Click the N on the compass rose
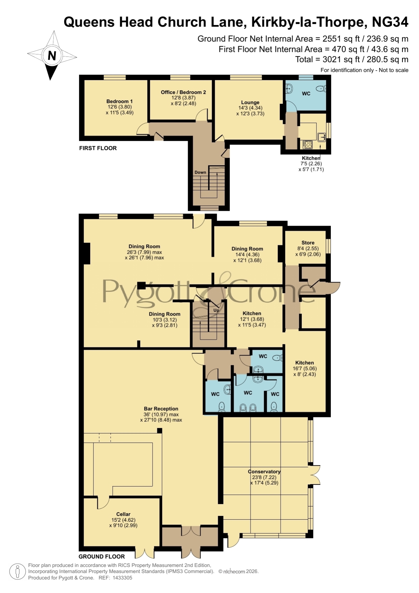52,55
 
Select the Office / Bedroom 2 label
183,92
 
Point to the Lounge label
250,102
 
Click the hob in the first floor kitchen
307,145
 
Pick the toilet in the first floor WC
320,89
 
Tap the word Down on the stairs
200,172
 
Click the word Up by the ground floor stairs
216,310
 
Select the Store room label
308,243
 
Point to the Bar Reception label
161,409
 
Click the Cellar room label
123,514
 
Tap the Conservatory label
264,472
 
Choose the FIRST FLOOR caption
98,148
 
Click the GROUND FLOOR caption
102,557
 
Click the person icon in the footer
17,572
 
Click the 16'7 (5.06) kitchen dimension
305,369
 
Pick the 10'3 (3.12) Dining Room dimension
165,320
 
